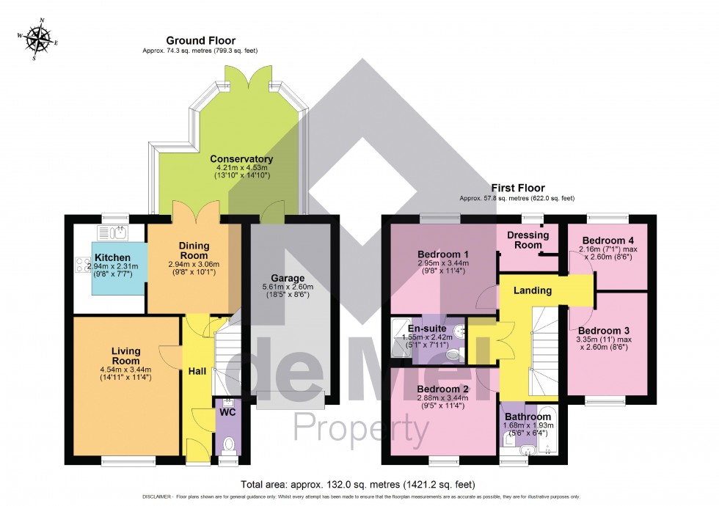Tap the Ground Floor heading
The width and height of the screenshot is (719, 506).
pos(190,40)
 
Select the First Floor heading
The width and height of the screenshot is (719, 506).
pos(517,188)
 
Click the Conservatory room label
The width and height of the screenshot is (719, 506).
pos(241,159)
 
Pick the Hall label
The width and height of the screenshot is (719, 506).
pos(197,371)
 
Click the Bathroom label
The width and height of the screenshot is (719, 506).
pos(527,417)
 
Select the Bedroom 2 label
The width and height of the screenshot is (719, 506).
pos(442,389)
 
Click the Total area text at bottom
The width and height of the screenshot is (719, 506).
pos(358,485)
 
